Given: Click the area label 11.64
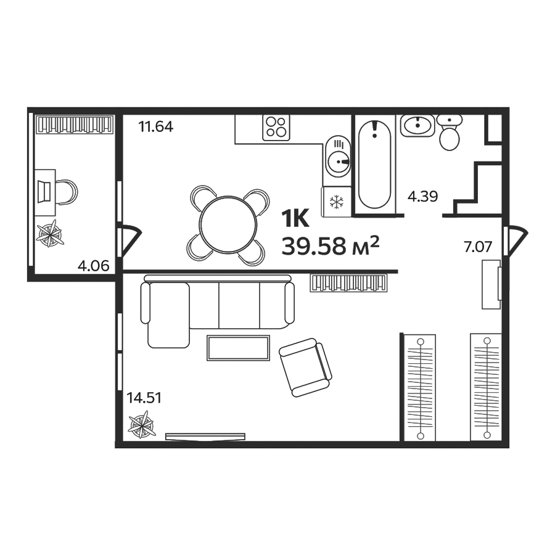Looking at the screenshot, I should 155,128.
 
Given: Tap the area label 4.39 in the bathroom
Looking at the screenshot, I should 423,197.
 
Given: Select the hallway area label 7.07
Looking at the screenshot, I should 478,248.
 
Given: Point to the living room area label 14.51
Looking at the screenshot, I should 144,398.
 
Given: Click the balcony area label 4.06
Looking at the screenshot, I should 92,266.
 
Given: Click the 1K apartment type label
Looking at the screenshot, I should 294,218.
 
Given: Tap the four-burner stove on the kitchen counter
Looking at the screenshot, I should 276,128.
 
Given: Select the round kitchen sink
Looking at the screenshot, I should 337,162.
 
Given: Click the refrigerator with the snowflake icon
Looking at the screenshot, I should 336,201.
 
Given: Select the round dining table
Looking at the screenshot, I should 228,226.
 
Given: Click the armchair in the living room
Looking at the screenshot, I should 305,368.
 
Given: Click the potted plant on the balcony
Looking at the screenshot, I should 50,233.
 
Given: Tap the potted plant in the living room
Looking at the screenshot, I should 142,427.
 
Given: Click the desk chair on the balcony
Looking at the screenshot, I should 66,191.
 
